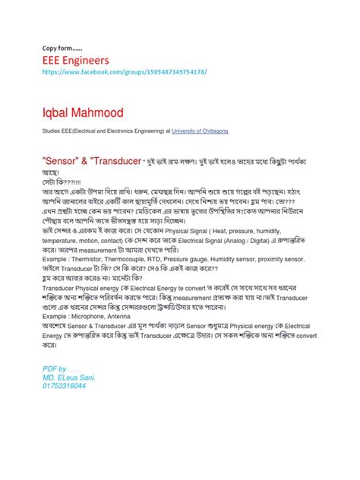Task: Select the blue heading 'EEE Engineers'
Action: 76,60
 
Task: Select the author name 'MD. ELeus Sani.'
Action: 70,397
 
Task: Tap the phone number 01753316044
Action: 65,407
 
